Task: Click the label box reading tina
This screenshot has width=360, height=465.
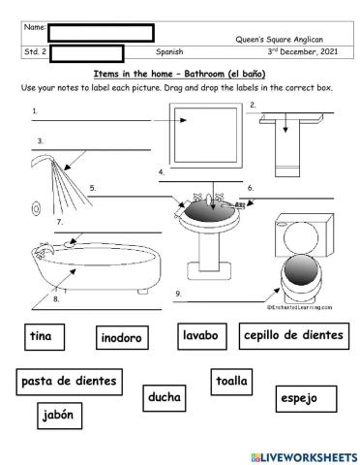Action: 41,336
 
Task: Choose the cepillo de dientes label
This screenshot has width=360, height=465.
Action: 293,336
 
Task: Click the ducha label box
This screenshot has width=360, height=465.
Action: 165,397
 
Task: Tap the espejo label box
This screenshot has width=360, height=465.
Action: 297,397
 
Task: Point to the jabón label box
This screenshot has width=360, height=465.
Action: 59,417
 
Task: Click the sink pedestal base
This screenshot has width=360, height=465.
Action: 205,253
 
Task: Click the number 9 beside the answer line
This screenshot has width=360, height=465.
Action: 178,292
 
